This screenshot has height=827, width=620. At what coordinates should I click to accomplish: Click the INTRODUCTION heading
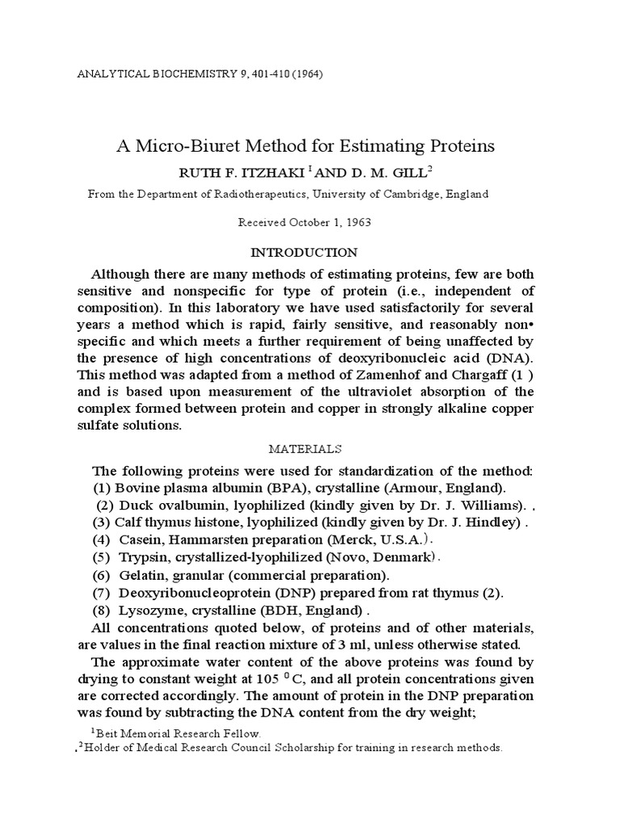(x=310, y=252)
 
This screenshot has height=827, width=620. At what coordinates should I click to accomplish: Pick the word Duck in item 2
(x=136, y=506)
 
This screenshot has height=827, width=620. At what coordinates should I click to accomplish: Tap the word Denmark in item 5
(x=404, y=557)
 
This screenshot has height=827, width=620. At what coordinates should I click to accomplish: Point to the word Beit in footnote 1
(x=109, y=733)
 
